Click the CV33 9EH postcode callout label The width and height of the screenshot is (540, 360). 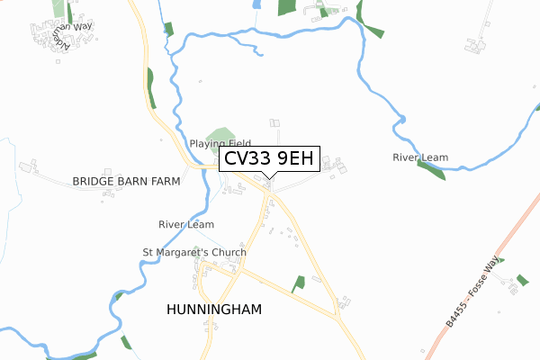tap(267, 160)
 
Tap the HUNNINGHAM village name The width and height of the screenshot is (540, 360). tap(214, 310)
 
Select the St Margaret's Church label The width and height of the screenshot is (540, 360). tap(194, 252)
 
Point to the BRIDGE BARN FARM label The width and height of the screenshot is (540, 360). tap(126, 181)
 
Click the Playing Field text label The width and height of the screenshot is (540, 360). tap(220, 144)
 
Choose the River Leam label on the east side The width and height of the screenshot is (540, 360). tap(420, 157)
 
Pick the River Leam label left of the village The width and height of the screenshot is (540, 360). tap(185, 224)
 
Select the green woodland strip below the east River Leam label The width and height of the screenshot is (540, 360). tap(431, 172)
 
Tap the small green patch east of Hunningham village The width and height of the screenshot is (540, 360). tap(298, 284)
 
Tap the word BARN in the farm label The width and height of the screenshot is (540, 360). tap(130, 181)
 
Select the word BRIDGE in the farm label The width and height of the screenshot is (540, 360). tap(94, 181)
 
